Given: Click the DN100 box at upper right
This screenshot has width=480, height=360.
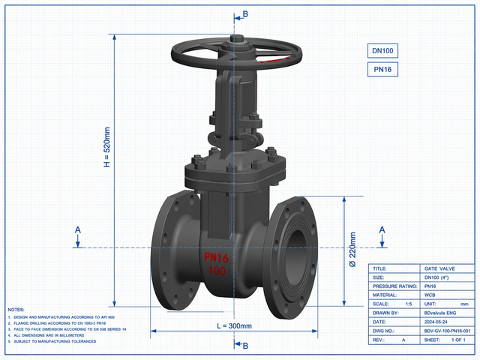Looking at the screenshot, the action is pos(382,50).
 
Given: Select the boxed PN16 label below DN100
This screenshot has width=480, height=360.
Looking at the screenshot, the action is pos(382,70).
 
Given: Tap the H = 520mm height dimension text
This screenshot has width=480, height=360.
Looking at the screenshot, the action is pos(106,147).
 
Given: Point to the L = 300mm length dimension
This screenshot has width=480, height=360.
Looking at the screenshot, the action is pos(234,326).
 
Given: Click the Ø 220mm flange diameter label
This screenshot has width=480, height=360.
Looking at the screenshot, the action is pos(352,250).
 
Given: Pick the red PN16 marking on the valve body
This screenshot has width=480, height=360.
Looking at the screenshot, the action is pos(217,258).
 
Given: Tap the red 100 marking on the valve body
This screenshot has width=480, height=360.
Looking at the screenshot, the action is pos(217,271).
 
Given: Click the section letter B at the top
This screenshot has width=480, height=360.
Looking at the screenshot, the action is pos(245,14).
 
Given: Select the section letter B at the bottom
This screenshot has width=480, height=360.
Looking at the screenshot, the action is pos(245,346).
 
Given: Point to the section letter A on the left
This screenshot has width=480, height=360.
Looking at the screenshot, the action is pos(78,230).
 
